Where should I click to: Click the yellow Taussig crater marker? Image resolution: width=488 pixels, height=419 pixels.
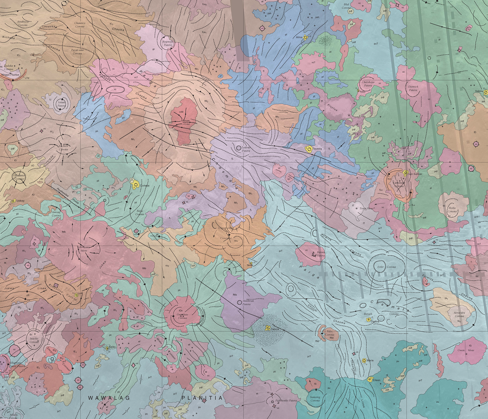[x=309, y=149]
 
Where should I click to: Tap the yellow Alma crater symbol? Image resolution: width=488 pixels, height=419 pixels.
[x=306, y=37]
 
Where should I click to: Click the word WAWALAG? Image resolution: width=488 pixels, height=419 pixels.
[x=109, y=398]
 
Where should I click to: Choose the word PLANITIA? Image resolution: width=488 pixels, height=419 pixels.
[x=202, y=398]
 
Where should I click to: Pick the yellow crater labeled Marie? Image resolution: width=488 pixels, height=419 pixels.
[x=364, y=361]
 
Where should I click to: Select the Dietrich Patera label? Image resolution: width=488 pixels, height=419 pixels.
[x=413, y=88]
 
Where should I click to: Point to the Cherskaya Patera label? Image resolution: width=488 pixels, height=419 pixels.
[x=368, y=84]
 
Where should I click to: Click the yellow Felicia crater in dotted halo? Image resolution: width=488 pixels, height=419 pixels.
[x=268, y=328]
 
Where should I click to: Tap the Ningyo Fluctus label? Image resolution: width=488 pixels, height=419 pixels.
[x=10, y=74]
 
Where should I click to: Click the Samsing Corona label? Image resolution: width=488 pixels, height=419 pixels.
[x=315, y=399]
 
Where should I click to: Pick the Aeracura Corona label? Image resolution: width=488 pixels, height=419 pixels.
[x=459, y=314]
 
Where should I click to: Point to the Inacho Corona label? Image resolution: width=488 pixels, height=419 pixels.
[x=34, y=341]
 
